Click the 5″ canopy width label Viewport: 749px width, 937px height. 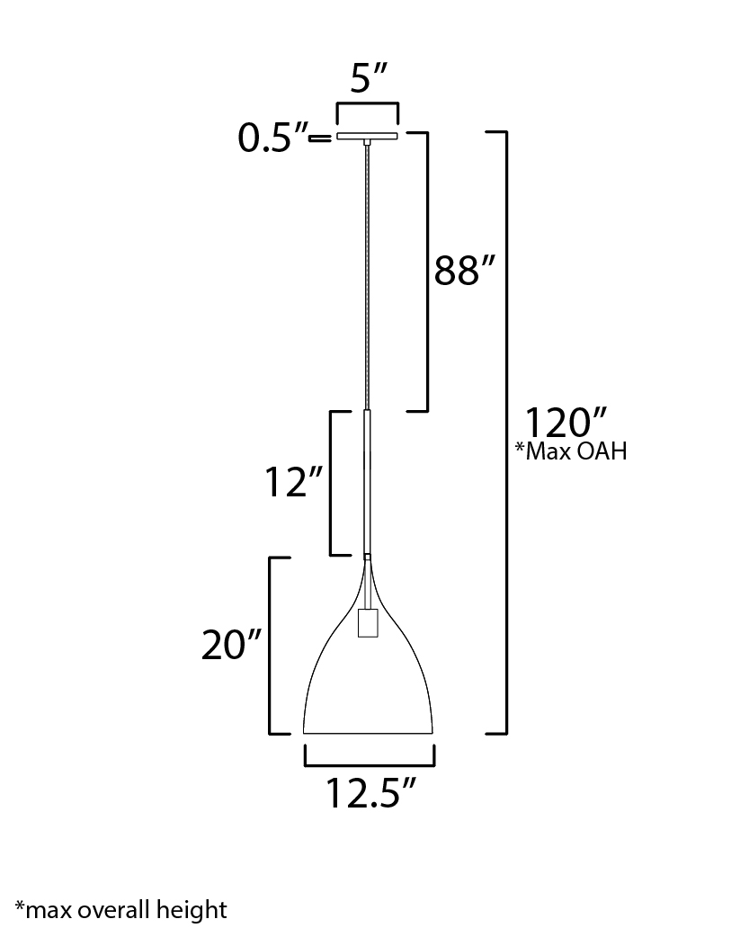369,78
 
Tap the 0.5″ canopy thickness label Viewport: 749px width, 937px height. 272,139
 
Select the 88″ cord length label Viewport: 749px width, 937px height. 465,270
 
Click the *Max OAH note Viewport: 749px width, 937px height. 572,451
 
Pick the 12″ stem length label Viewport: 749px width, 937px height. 294,482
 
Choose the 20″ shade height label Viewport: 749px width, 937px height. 231,646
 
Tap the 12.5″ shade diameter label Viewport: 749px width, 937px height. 370,794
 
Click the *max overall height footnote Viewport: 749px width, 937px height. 120,910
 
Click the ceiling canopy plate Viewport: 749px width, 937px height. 367,137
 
